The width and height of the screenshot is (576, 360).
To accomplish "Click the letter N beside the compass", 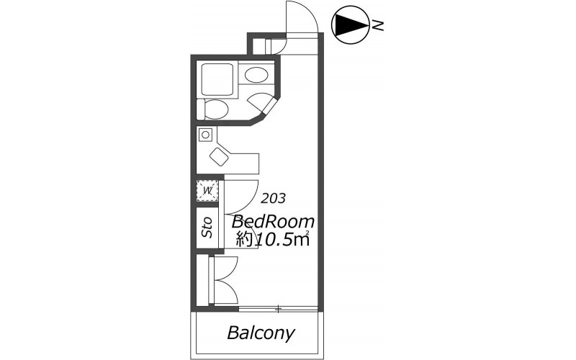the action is pyautogui.click(x=377, y=25).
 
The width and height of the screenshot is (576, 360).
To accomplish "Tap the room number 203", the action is pyautogui.click(x=273, y=199).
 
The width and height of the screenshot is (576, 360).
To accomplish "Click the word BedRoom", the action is pyautogui.click(x=273, y=222).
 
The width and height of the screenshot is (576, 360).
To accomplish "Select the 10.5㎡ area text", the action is pyautogui.click(x=282, y=240).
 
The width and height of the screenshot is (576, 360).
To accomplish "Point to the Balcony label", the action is pyautogui.click(x=261, y=333).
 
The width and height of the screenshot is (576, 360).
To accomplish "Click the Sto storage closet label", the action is pyautogui.click(x=207, y=227).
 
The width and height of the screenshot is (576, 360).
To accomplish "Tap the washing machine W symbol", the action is pyautogui.click(x=207, y=191).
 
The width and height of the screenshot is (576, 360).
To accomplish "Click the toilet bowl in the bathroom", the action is pyautogui.click(x=217, y=109).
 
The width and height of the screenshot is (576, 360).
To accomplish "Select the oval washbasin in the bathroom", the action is pyautogui.click(x=256, y=76).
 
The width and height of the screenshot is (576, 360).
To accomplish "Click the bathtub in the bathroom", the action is pyautogui.click(x=217, y=79).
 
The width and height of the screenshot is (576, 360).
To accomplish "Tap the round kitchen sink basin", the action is pyautogui.click(x=206, y=135).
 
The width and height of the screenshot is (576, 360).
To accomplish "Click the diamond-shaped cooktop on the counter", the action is pyautogui.click(x=220, y=157).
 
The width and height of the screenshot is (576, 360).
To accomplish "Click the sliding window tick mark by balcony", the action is pyautogui.click(x=279, y=309).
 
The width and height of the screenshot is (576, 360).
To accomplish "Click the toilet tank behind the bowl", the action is pyautogui.click(x=201, y=109).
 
